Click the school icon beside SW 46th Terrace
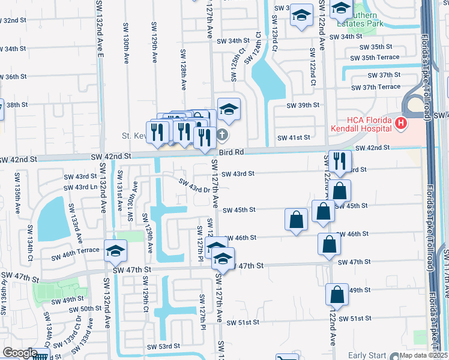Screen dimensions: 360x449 click(115, 251)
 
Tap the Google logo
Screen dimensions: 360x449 click(20, 353)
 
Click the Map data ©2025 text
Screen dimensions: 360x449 click(424, 355)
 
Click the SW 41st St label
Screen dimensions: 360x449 click(294, 137)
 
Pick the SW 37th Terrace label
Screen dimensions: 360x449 click(377, 87)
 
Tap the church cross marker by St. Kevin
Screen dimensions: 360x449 click(222, 134)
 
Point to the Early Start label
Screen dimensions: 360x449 click(368, 355)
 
